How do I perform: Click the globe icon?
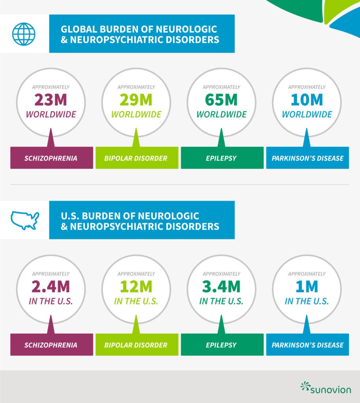pos(24,33)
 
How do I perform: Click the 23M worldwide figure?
pos(51,100)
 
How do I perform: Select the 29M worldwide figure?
pos(136,100)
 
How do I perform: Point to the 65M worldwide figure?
pos(221,100)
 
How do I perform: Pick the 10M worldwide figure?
pos(306,100)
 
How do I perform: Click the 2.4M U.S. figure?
pos(51,287)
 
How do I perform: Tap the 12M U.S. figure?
pos(136,287)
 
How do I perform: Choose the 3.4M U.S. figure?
pos(221,287)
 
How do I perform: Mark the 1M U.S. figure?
pos(306,287)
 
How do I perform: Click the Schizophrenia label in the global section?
pos(52,158)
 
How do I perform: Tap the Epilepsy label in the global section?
pos(222,158)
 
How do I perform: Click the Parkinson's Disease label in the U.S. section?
pos(308,345)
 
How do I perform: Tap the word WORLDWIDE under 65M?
pos(221,115)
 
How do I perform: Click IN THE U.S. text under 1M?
pos(306,301)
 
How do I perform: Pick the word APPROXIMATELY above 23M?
pos(51,87)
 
